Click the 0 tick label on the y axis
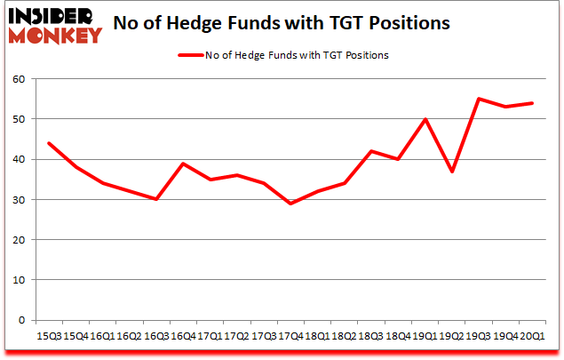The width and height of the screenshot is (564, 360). [22, 320]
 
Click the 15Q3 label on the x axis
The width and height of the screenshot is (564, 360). [48, 337]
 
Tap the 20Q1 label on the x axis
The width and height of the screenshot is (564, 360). [532, 337]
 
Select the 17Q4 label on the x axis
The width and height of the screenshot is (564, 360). [290, 337]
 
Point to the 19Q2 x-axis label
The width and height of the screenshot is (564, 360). [451, 337]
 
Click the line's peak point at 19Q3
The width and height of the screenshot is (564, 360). [479, 99]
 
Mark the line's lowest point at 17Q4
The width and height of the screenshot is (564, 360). [290, 204]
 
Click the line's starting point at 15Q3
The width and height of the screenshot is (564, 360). [48, 143]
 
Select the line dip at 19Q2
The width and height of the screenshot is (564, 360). [451, 172]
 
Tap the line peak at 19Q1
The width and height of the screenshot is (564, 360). [425, 119]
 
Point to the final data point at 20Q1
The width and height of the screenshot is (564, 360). [532, 103]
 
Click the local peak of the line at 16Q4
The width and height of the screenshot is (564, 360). [183, 164]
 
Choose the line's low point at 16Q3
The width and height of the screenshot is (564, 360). [156, 199]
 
